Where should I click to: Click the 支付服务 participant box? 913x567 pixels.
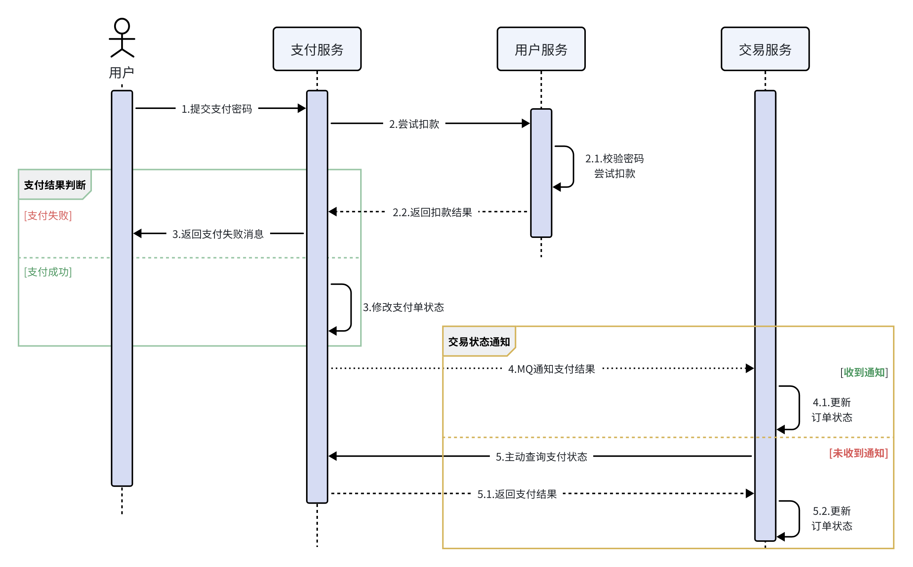tap(317, 49)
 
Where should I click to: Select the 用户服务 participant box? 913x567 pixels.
tap(541, 49)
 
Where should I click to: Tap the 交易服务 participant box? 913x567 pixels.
tap(764, 49)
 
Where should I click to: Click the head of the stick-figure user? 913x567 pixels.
tap(122, 26)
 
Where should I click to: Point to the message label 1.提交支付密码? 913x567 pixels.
tap(216, 109)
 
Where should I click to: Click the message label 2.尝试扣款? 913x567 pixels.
tap(414, 124)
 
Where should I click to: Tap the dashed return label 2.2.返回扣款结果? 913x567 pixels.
tap(432, 212)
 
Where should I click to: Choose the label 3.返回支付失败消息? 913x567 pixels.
tap(218, 234)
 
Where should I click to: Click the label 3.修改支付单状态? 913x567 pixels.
tap(403, 307)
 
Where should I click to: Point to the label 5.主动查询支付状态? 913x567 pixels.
tap(541, 456)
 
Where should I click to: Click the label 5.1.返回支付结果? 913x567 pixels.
tap(516, 494)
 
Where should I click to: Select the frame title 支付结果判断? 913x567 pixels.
tap(55, 185)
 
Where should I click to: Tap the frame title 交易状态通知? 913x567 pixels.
tap(478, 342)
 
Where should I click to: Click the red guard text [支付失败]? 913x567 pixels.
tap(48, 216)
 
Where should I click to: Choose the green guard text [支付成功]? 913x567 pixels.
tap(48, 272)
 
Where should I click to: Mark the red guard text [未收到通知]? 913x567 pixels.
tap(858, 453)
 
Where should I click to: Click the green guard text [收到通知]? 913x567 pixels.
tap(863, 372)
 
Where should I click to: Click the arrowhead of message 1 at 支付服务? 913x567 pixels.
tap(302, 108)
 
